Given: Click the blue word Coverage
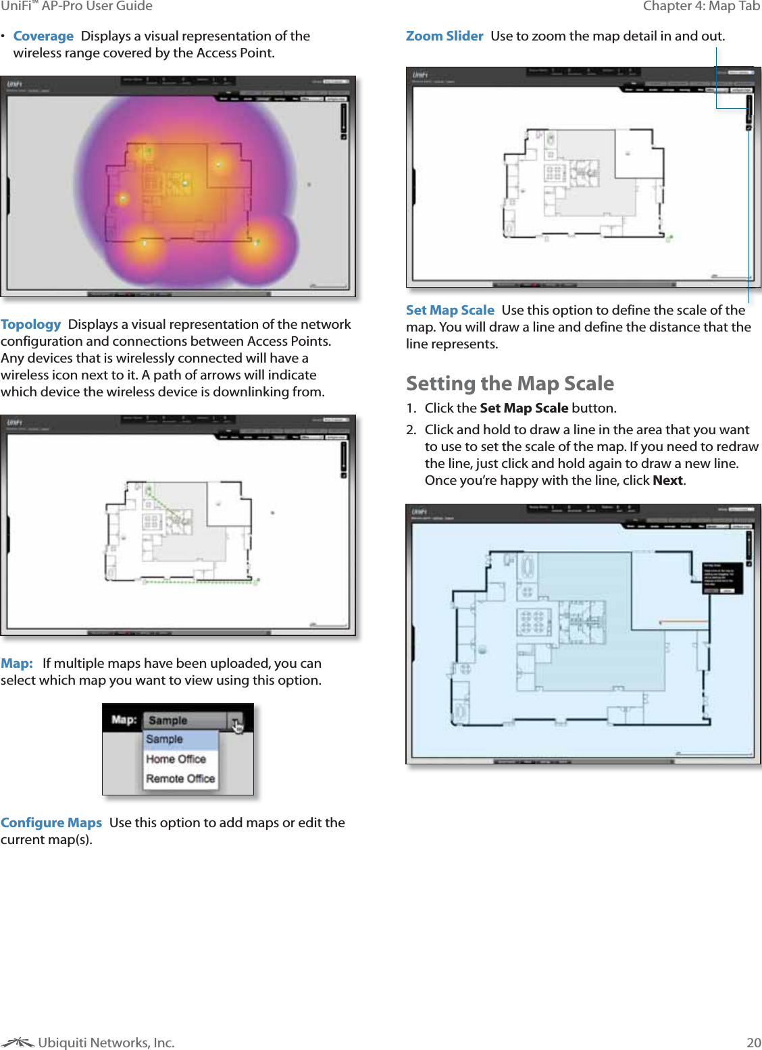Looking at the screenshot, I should [x=43, y=36].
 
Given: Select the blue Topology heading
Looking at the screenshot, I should [x=31, y=324].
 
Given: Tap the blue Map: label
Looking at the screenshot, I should [x=17, y=663].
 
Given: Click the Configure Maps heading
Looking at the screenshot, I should [x=51, y=822].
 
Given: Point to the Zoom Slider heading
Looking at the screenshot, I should [x=444, y=36].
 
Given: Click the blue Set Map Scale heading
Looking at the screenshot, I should [x=450, y=310].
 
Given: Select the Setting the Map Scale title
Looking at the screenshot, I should [x=510, y=384].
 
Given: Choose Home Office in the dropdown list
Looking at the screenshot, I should [x=176, y=759].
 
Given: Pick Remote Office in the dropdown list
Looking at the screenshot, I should [x=180, y=779].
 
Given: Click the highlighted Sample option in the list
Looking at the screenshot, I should [x=165, y=739].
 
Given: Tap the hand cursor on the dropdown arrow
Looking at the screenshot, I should [x=236, y=726].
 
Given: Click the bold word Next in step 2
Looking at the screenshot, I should [x=667, y=480].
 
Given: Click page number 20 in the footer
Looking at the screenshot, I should [x=753, y=1042].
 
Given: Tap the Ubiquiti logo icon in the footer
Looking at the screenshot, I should [x=18, y=1043].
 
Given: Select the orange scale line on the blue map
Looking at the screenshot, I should [x=682, y=621].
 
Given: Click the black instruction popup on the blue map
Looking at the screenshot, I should [x=722, y=578].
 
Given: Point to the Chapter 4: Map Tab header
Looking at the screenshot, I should [x=701, y=6].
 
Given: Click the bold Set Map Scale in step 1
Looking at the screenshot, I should [x=524, y=408].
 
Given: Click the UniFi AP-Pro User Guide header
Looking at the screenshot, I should [x=76, y=6].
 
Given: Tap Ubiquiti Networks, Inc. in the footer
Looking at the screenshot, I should [x=106, y=1043].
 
